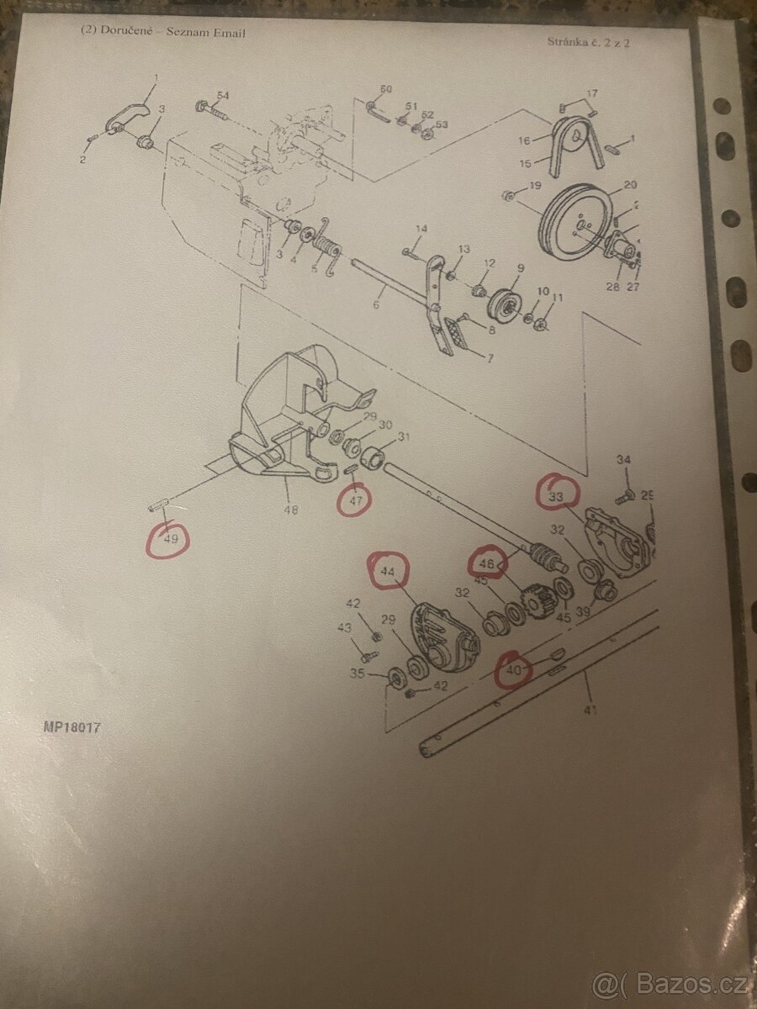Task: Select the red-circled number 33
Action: point(557,496)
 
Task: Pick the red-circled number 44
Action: point(388,572)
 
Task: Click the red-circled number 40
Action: point(515,669)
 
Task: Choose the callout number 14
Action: point(421,229)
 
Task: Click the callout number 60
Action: point(386,89)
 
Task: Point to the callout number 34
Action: point(623,460)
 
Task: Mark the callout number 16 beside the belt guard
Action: point(525,141)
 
